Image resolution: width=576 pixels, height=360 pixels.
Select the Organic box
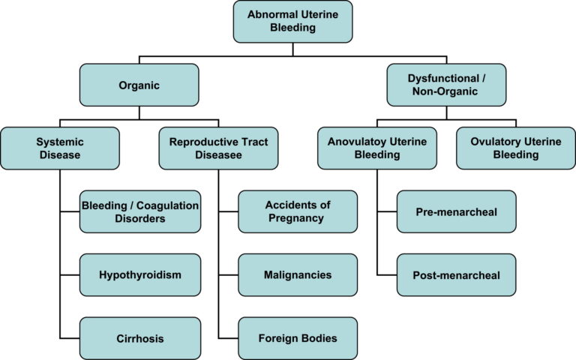pyautogui.click(x=139, y=85)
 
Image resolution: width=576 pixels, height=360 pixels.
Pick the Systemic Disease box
pyautogui.click(x=59, y=148)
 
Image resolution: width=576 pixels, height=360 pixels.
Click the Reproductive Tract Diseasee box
pyautogui.click(x=218, y=148)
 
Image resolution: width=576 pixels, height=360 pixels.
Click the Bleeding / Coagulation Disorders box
pyautogui.click(x=140, y=211)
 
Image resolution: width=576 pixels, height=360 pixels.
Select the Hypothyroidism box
pyautogui.click(x=140, y=274)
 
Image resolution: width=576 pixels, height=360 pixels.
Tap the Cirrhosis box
pyautogui.click(x=140, y=338)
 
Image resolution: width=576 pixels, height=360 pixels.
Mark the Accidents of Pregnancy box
pyautogui.click(x=298, y=211)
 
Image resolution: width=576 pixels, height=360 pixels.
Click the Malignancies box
pyautogui.click(x=298, y=274)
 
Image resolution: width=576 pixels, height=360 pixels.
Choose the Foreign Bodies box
pyautogui.click(x=298, y=338)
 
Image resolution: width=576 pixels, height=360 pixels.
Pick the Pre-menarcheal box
pyautogui.click(x=457, y=211)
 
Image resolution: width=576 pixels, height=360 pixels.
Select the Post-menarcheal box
pyautogui.click(x=457, y=274)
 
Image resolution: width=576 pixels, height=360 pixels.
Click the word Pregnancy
pyautogui.click(x=298, y=218)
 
